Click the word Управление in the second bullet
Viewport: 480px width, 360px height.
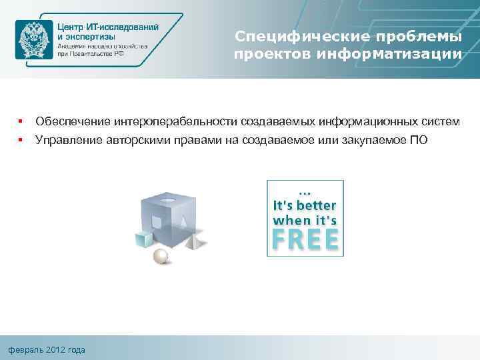(x=69, y=140)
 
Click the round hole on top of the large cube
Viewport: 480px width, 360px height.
(x=168, y=199)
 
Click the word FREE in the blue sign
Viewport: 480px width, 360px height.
(x=305, y=239)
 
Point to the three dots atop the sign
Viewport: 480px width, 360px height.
(x=305, y=188)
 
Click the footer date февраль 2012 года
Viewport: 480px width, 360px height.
(x=47, y=350)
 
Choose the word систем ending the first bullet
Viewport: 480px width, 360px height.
(x=440, y=121)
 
